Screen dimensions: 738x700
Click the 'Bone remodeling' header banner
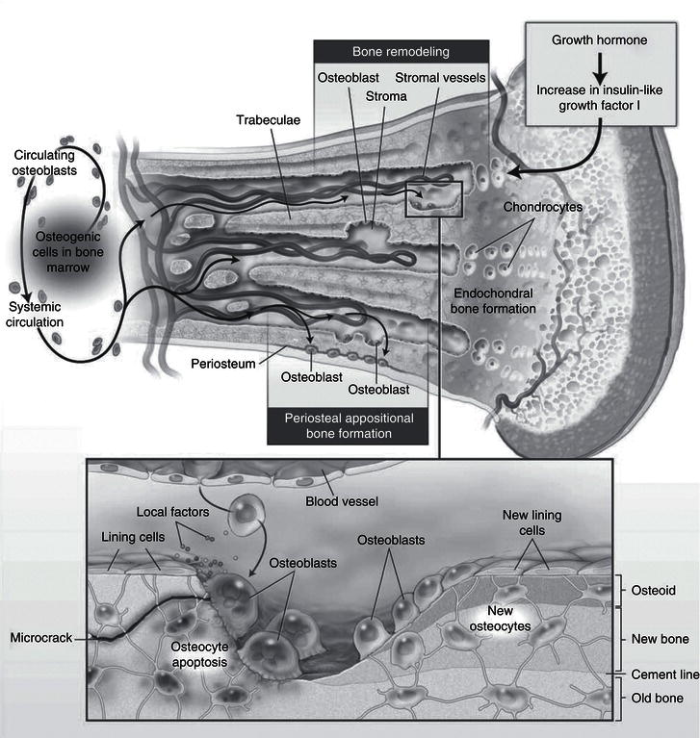pos(402,49)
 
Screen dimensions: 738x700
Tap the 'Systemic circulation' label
pos(37,314)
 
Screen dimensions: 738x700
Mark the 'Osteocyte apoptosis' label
pos(201,654)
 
